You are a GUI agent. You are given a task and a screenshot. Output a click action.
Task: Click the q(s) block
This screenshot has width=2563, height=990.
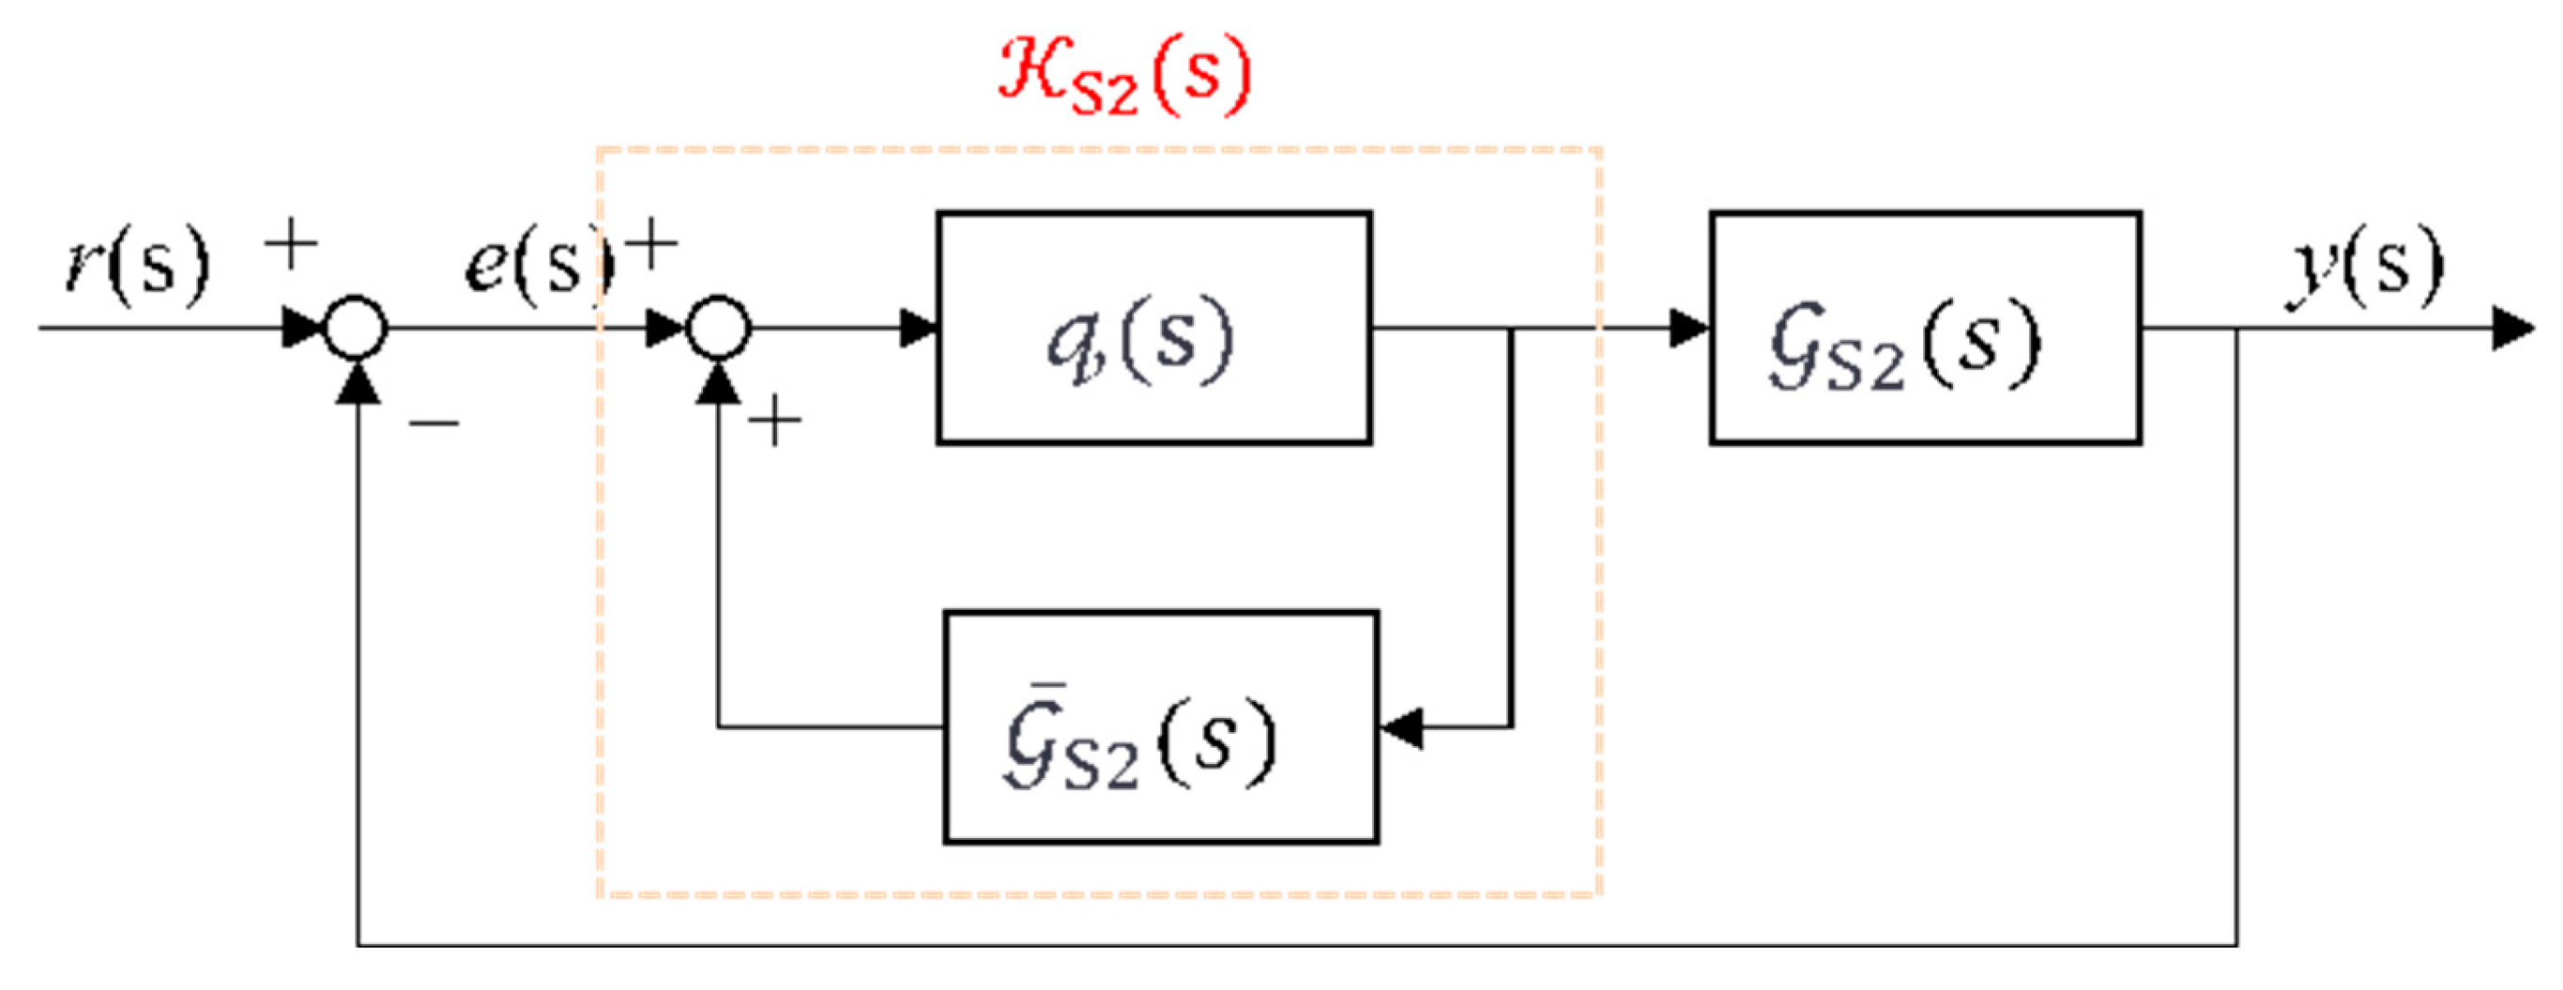pos(1154,327)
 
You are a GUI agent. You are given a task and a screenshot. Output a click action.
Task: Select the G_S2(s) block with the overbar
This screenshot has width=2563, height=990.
pos(1160,727)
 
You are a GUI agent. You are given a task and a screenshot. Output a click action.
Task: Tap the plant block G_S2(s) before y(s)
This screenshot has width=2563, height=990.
pos(1925,327)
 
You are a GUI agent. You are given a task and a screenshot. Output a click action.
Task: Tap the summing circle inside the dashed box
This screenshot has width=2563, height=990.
pos(718,327)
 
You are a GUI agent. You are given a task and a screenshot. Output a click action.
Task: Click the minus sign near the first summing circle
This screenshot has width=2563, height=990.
pos(434,424)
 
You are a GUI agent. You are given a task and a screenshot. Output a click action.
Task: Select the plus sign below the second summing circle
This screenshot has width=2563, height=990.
pos(775,422)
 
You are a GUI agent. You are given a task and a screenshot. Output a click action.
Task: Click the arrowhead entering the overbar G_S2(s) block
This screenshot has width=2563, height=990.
pos(1401,728)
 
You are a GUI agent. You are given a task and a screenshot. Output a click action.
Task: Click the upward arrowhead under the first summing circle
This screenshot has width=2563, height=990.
pos(357,383)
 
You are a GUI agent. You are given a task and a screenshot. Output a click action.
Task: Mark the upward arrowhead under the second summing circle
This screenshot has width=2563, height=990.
pos(718,383)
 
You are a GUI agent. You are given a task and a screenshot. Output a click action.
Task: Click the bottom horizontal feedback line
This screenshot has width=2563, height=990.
pos(1293,944)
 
